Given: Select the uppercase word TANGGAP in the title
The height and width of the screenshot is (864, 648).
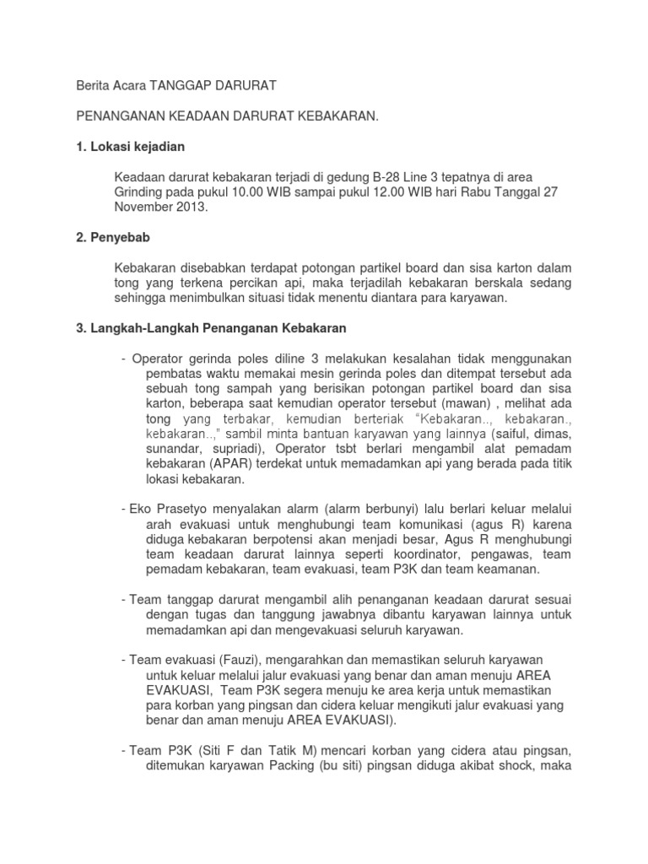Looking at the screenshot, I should point(181,85).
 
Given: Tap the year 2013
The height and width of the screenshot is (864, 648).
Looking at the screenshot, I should point(187,207).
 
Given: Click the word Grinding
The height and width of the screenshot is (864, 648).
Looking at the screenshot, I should point(141,192).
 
